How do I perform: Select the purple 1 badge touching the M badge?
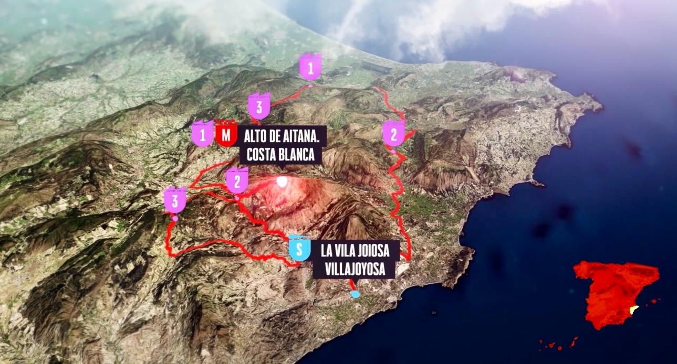(203, 134)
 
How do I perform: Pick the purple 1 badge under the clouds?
(310, 67)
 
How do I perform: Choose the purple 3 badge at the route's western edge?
(175, 200)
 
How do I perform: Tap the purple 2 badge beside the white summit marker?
(237, 181)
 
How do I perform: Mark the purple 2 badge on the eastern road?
(394, 134)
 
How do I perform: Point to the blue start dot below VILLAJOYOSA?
(356, 294)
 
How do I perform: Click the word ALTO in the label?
(255, 136)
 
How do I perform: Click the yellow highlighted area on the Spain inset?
(634, 311)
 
